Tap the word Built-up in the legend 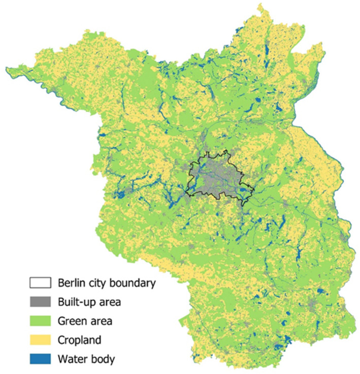pyautogui.click(x=75, y=302)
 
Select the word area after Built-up pyautogui.click(x=108, y=302)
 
